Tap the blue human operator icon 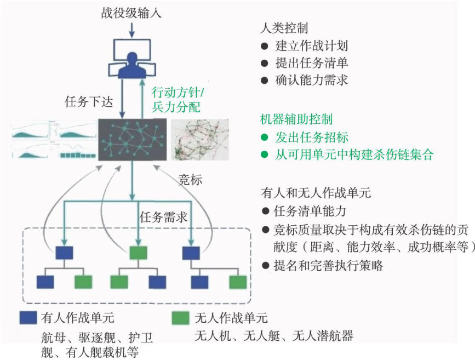coord(131,65)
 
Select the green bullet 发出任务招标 coord(312,137)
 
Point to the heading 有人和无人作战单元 coord(317,193)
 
